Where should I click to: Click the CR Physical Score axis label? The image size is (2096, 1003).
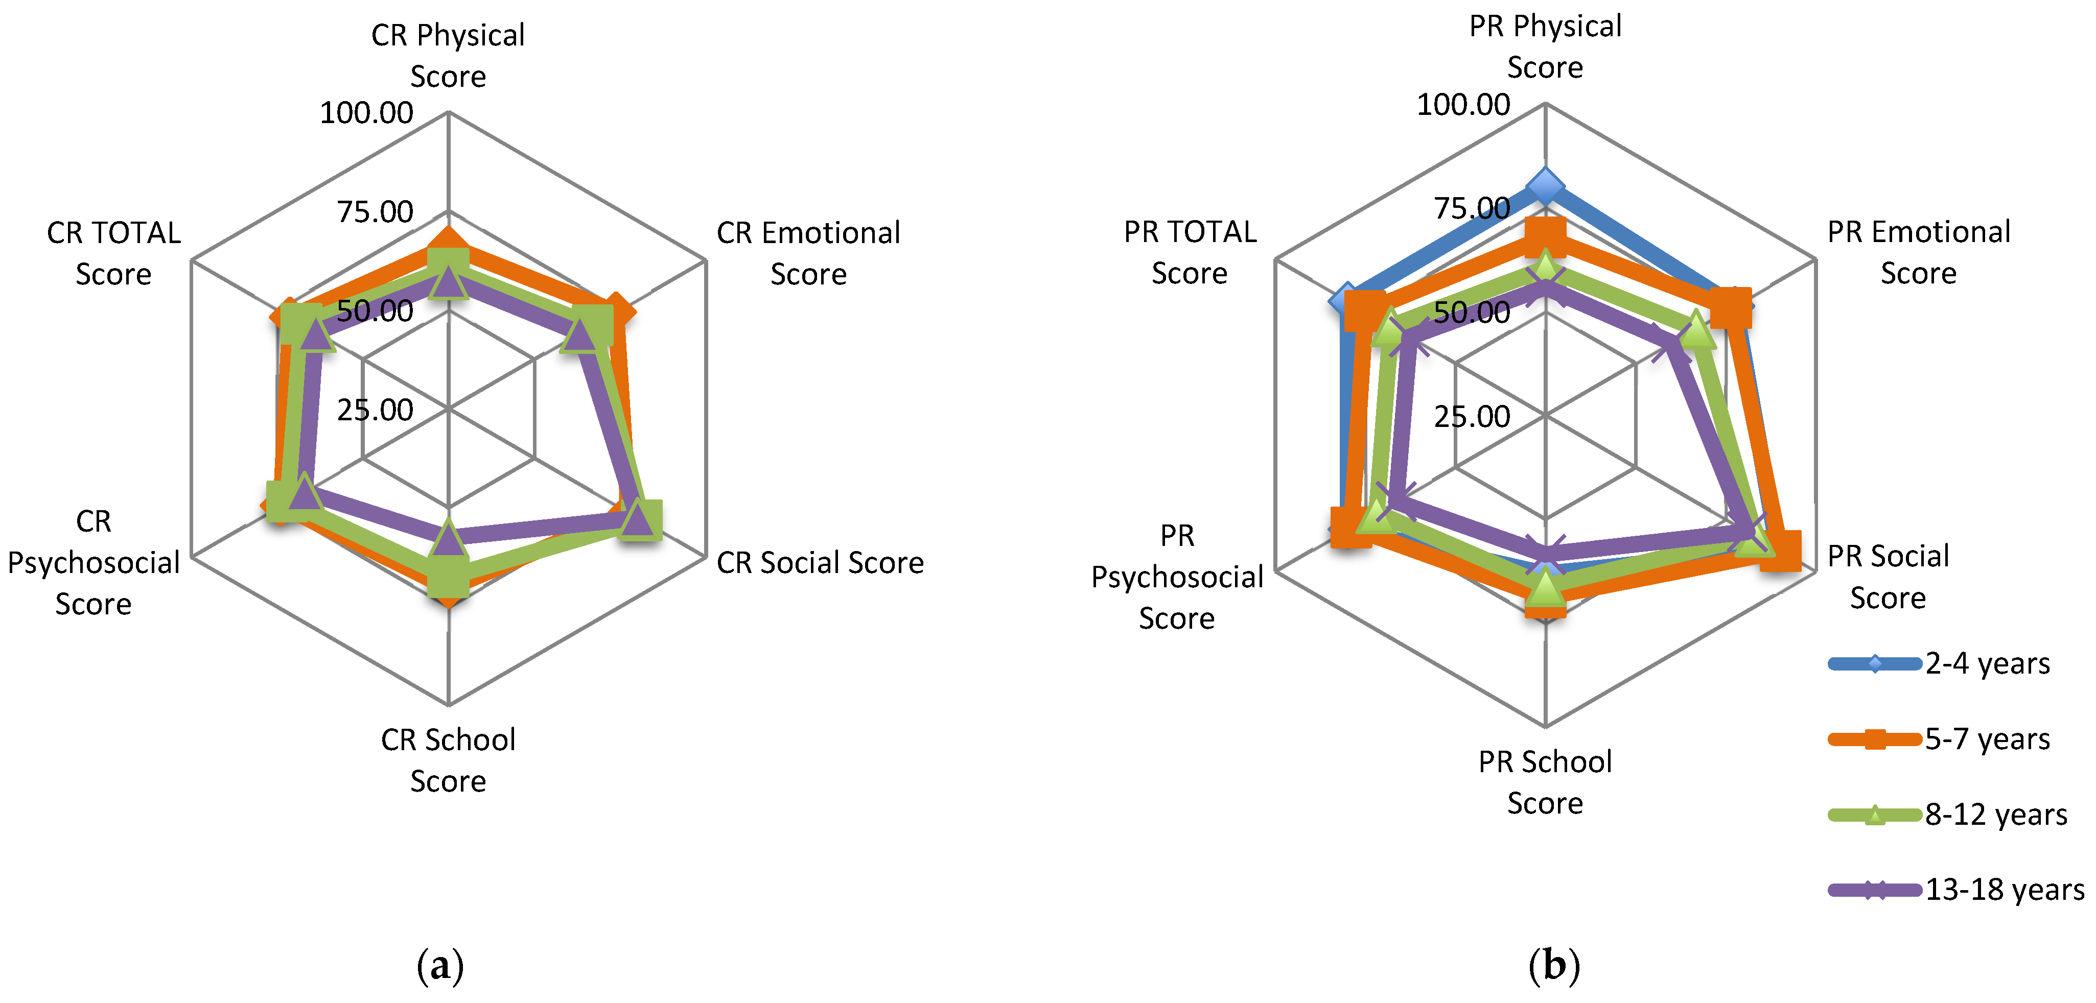pos(448,55)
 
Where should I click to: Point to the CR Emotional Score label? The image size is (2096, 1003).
pos(808,253)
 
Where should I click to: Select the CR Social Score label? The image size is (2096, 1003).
pos(820,563)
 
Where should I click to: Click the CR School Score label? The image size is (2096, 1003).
pos(448,760)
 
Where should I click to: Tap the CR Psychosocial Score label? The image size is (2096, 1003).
pos(94,562)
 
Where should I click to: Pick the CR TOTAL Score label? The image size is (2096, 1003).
pos(114,253)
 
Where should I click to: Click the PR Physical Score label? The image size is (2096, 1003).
pos(1544,46)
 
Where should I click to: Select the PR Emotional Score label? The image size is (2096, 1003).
pos(1918,252)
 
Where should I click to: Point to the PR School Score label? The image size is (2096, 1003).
pos(1544,782)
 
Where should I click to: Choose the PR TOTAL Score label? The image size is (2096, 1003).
pos(1190,252)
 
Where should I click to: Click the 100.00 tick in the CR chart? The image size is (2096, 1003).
pos(366,113)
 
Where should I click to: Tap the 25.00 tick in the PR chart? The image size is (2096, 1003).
pos(1471,417)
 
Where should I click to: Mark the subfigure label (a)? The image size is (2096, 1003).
pos(440,966)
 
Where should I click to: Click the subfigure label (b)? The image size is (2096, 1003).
pos(1553,966)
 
